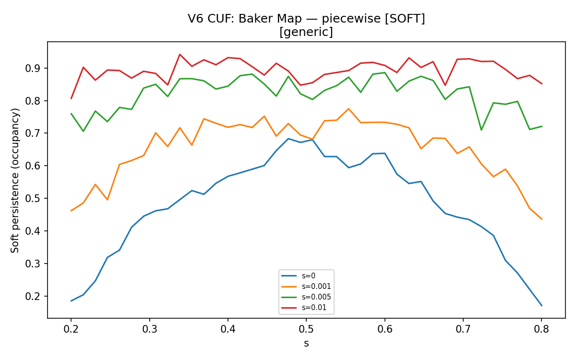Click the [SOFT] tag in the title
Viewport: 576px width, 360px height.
coord(405,19)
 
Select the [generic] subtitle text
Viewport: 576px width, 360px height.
coord(306,32)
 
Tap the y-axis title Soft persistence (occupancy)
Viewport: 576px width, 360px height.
coord(15,180)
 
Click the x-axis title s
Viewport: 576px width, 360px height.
coord(306,344)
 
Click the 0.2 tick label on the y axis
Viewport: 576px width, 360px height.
coord(33,297)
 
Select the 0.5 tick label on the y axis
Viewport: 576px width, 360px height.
coord(33,199)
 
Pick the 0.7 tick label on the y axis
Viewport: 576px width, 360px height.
coord(33,133)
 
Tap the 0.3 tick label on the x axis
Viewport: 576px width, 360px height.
coord(149,329)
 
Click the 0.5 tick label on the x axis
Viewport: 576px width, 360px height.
coord(306,329)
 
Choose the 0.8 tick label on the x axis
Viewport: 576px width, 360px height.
coord(541,329)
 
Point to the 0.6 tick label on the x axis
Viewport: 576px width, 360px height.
coord(384,329)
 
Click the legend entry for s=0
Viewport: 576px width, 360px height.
coord(298,276)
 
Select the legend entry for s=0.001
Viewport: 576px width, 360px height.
coord(306,287)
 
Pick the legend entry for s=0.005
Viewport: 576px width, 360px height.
coord(306,297)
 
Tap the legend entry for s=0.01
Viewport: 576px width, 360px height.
coord(304,308)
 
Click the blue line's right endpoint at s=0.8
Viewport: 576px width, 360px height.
coord(542,306)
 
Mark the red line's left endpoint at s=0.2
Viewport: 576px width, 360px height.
coord(71,99)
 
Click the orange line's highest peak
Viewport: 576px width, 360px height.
coord(348,109)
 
